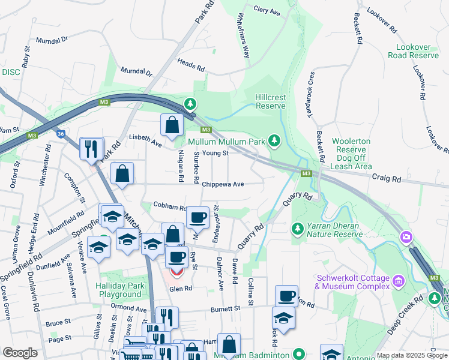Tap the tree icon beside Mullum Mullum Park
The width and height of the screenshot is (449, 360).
[274, 141]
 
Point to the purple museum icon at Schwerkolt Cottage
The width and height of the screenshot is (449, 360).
[397, 280]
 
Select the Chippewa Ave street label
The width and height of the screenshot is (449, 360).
[223, 184]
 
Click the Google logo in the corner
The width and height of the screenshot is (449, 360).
[19, 352]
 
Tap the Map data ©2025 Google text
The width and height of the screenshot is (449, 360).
[412, 356]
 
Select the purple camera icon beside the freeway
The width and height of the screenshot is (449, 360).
[406, 238]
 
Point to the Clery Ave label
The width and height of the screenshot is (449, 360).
[267, 11]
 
